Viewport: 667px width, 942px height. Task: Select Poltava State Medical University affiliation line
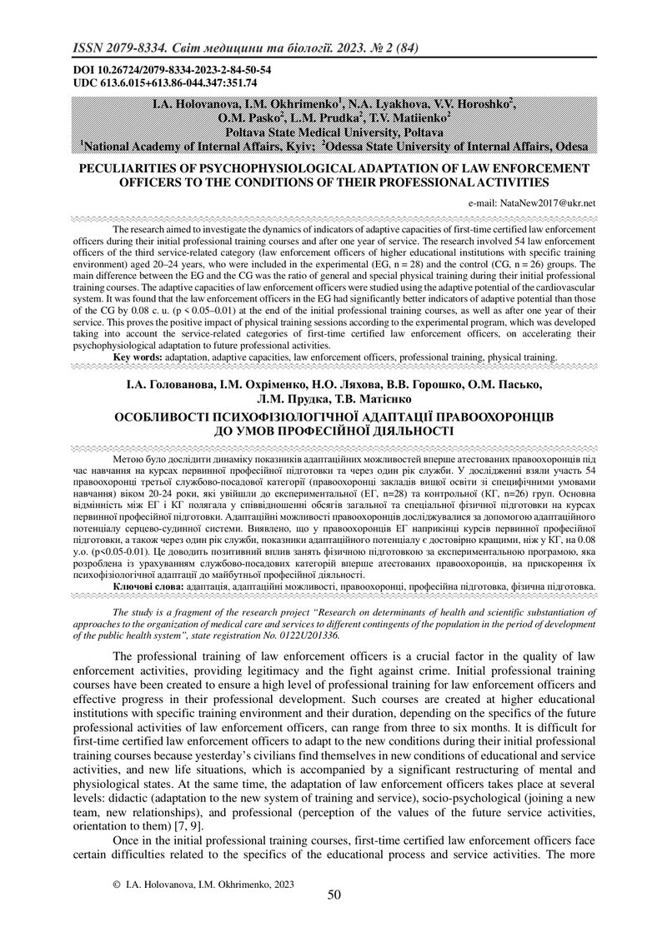[x=333, y=132]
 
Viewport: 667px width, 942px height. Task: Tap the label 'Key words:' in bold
[x=138, y=356]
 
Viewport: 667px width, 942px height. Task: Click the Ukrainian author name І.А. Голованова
[x=167, y=385]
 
